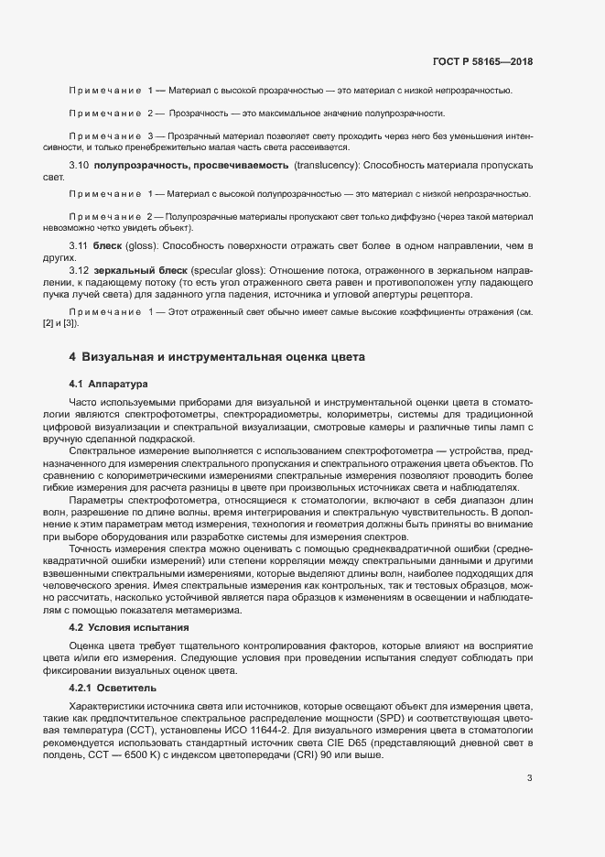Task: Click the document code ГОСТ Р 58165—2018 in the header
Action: coord(482,61)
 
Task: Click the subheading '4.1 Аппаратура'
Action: coord(108,383)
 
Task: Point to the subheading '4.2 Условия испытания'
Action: coord(129,627)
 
